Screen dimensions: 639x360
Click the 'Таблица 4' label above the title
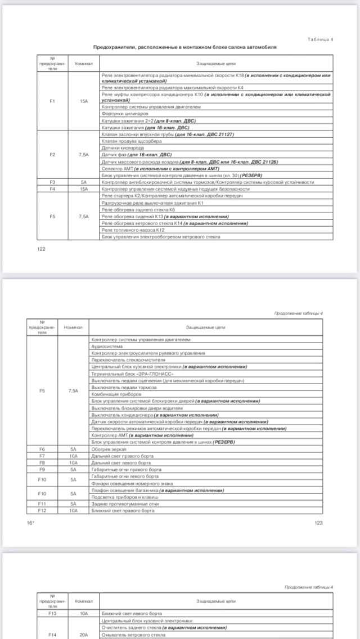pyautogui.click(x=321, y=39)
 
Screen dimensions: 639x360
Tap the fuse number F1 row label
pyautogui.click(x=52, y=101)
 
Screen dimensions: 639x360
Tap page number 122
pyautogui.click(x=41, y=249)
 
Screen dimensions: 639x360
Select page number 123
pyautogui.click(x=318, y=523)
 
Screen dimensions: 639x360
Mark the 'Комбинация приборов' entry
pyautogui.click(x=112, y=394)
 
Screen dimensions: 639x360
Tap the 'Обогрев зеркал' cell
pyautogui.click(x=107, y=449)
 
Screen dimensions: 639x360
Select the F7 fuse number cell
pyautogui.click(x=42, y=456)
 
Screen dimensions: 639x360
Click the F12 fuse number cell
pyautogui.click(x=42, y=510)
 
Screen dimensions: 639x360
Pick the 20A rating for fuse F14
pyautogui.click(x=84, y=634)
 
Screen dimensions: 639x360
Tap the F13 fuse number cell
pyautogui.click(x=52, y=613)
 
